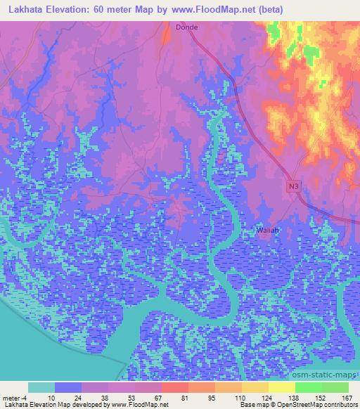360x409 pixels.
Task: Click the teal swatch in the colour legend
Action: pos(41,388)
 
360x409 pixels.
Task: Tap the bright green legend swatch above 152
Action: pos(309,388)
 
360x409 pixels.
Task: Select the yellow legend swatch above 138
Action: pos(281,388)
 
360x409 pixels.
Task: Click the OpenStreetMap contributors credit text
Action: pos(309,405)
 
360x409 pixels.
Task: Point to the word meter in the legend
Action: pos(12,398)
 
